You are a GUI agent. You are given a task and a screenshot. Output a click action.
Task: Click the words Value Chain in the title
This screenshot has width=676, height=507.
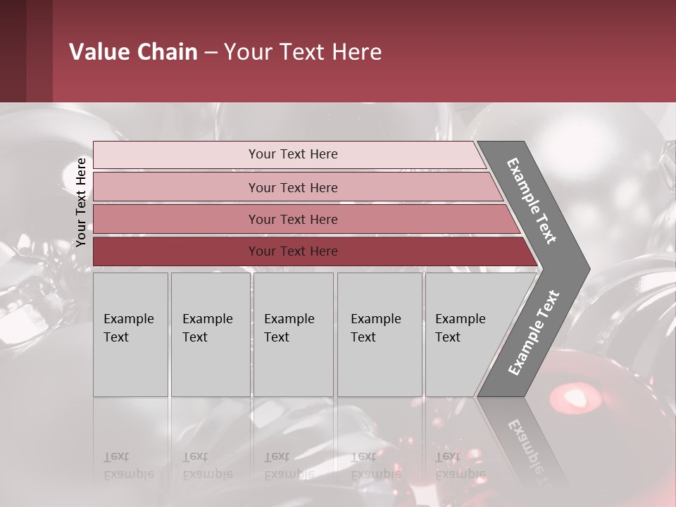pos(133,52)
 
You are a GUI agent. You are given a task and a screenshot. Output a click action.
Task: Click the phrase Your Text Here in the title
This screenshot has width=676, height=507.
pos(303,52)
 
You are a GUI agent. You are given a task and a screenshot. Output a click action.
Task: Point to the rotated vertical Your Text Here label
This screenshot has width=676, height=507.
pos(81,202)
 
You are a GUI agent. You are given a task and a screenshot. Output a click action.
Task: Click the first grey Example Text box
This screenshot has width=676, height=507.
pos(130,334)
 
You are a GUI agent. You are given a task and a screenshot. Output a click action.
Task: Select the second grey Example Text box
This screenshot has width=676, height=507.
pos(210,334)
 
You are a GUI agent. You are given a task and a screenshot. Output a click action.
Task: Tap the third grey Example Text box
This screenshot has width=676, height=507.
pos(292,334)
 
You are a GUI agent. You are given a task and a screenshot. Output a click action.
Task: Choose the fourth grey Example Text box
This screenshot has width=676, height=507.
pos(379,334)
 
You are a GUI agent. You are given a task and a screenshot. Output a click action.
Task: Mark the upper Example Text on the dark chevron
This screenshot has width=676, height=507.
pos(532,200)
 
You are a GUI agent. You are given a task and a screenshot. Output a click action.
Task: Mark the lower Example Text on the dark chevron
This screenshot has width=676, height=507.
pos(533,333)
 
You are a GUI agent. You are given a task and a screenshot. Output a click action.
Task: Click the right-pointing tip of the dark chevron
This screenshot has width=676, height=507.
pos(586,268)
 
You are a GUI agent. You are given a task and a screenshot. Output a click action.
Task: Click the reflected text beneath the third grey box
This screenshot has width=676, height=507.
pos(289,465)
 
